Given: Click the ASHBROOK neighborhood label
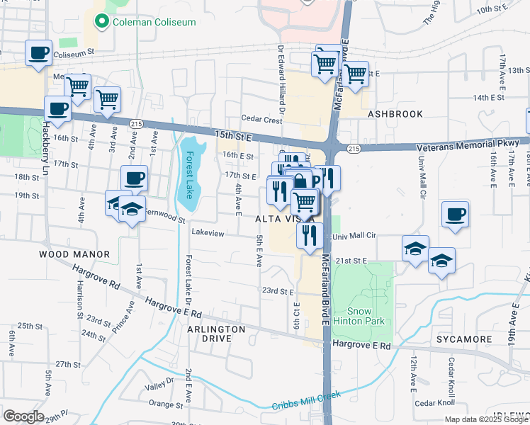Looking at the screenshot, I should (x=395, y=113).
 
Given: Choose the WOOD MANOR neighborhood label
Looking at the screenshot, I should (x=74, y=254).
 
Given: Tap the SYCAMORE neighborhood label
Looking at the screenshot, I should (x=464, y=339).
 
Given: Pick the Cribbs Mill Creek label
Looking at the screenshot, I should (x=306, y=400).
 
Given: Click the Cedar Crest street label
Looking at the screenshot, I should (x=262, y=120).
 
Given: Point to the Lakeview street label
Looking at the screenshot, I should (x=208, y=232).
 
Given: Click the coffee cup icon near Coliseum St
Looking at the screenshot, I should (x=38, y=52).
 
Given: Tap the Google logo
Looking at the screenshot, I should (x=23, y=416).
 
